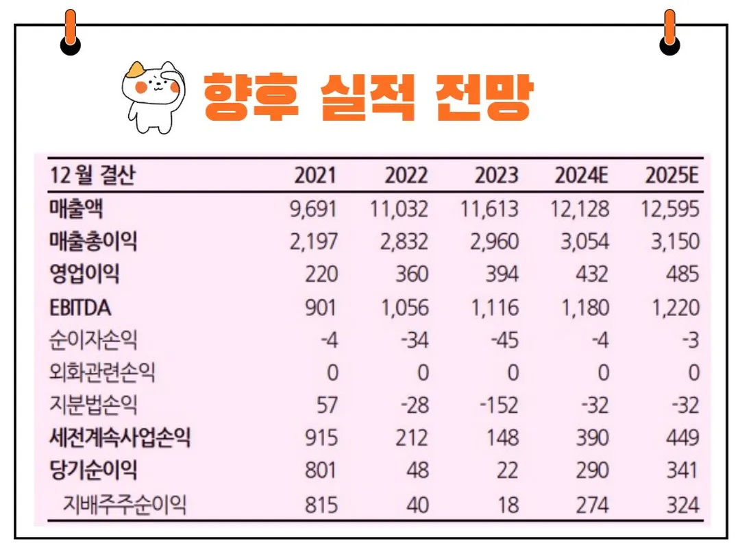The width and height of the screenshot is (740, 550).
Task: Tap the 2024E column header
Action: (581, 176)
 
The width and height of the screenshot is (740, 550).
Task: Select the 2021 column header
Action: (315, 176)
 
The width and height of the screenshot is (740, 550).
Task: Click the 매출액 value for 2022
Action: (399, 208)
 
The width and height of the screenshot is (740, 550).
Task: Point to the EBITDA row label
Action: (80, 308)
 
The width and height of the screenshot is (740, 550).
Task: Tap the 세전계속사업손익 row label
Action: (120, 438)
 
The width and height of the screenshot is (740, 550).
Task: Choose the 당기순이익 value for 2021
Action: (321, 471)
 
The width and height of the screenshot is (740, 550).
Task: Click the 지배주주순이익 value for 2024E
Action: (592, 505)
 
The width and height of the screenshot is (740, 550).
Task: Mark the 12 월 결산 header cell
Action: (92, 176)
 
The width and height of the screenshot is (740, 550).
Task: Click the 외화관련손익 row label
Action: (103, 373)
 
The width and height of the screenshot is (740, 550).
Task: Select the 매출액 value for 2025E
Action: (670, 208)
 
